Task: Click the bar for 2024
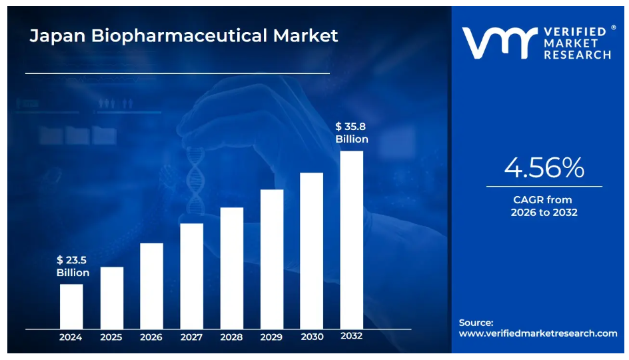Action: [x=71, y=306]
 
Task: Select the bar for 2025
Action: [x=111, y=297]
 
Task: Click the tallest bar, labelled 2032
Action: [x=352, y=239]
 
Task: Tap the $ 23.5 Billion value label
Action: [x=73, y=266]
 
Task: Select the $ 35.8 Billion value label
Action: [x=351, y=132]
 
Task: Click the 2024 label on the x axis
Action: [x=71, y=337]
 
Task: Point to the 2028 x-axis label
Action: [x=232, y=337]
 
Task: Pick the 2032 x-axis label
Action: [x=351, y=336]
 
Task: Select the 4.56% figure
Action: [x=544, y=167]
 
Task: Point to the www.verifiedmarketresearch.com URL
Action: [x=538, y=333]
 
